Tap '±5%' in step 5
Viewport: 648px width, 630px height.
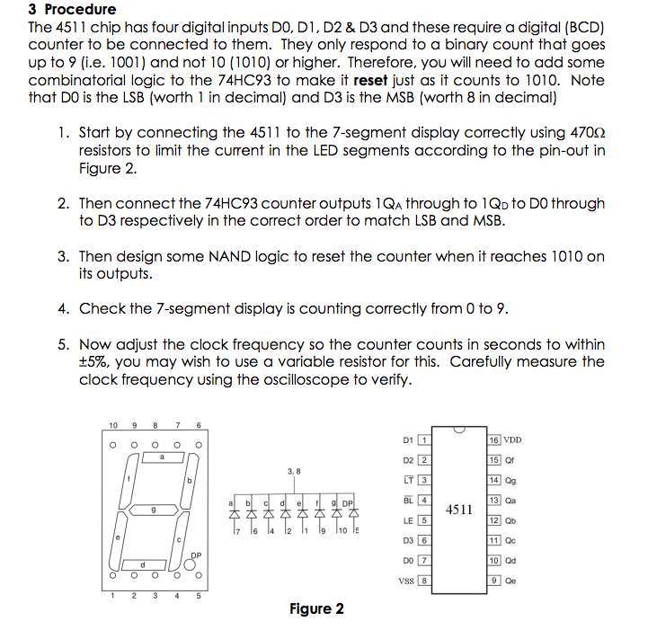coord(94,362)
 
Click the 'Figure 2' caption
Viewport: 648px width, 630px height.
coord(316,609)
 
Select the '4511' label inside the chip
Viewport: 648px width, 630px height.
coord(459,509)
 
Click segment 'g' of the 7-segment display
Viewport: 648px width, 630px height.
coord(153,510)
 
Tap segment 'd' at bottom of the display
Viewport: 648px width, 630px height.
coord(143,563)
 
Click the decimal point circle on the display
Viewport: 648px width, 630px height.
coord(190,564)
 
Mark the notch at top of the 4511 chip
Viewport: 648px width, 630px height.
coord(459,430)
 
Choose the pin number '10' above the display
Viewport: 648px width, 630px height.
coord(112,425)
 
